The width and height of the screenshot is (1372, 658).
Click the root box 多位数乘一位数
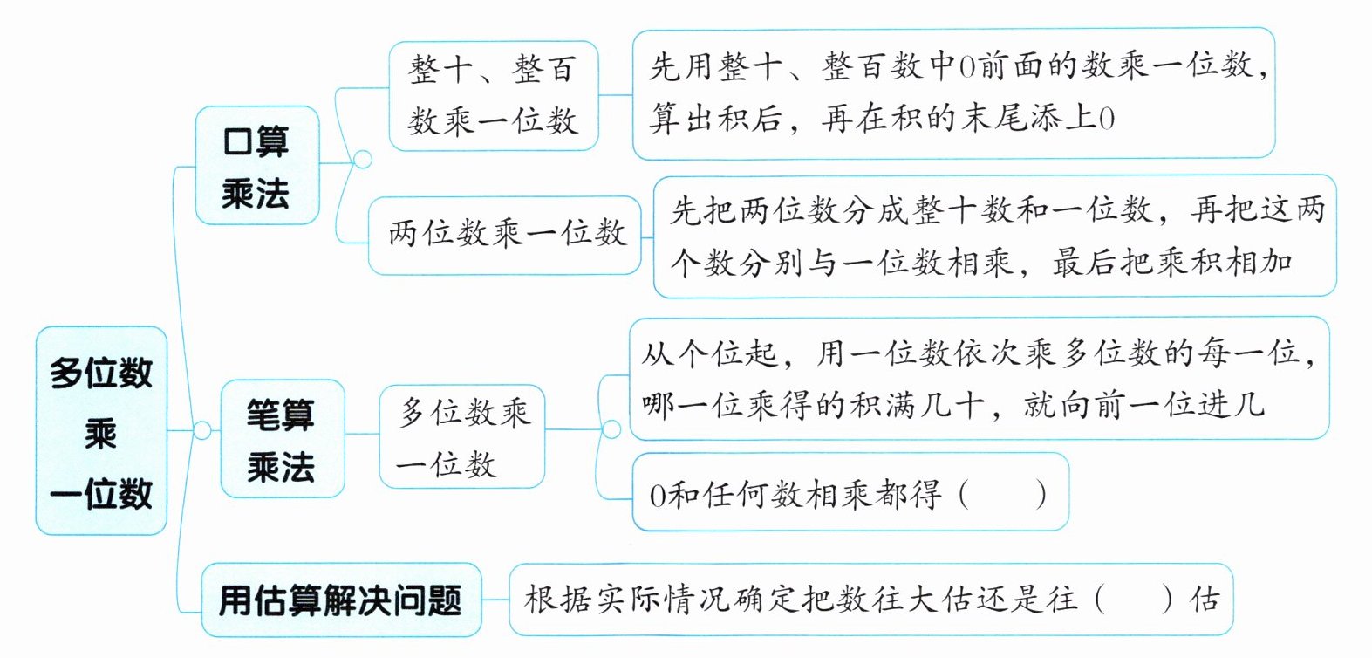coord(101,430)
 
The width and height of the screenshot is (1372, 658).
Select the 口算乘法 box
coord(256,166)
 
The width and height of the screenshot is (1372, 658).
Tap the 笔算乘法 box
coord(281,439)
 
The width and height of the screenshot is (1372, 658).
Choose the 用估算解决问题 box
coord(340,600)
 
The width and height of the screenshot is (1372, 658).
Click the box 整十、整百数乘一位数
coord(493,95)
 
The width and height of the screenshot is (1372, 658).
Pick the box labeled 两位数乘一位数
coord(506,234)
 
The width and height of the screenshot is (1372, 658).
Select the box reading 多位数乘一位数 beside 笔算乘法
coord(462,436)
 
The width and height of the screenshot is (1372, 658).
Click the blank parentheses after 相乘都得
coord(1002,495)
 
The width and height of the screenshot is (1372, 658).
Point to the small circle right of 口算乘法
coord(361,159)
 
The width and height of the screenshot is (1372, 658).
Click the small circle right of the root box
coord(201,430)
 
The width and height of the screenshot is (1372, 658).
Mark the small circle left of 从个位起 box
coord(611,429)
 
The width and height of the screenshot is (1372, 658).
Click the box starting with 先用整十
coord(953,93)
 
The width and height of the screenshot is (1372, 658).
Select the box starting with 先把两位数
coord(994,236)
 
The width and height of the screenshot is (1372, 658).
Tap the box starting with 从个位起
coord(978,378)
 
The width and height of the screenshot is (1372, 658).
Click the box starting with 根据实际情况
coord(870,600)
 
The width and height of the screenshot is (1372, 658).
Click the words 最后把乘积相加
coord(1171,262)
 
